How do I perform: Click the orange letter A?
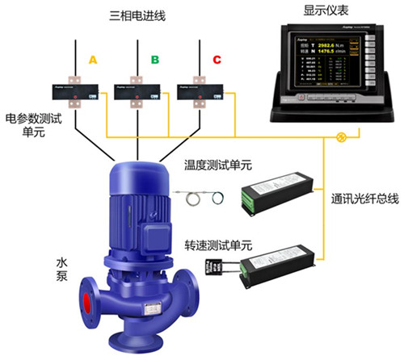coord(93,60)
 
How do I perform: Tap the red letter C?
coord(216,60)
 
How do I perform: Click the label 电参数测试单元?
coord(27,123)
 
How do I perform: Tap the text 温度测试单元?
coord(218,165)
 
